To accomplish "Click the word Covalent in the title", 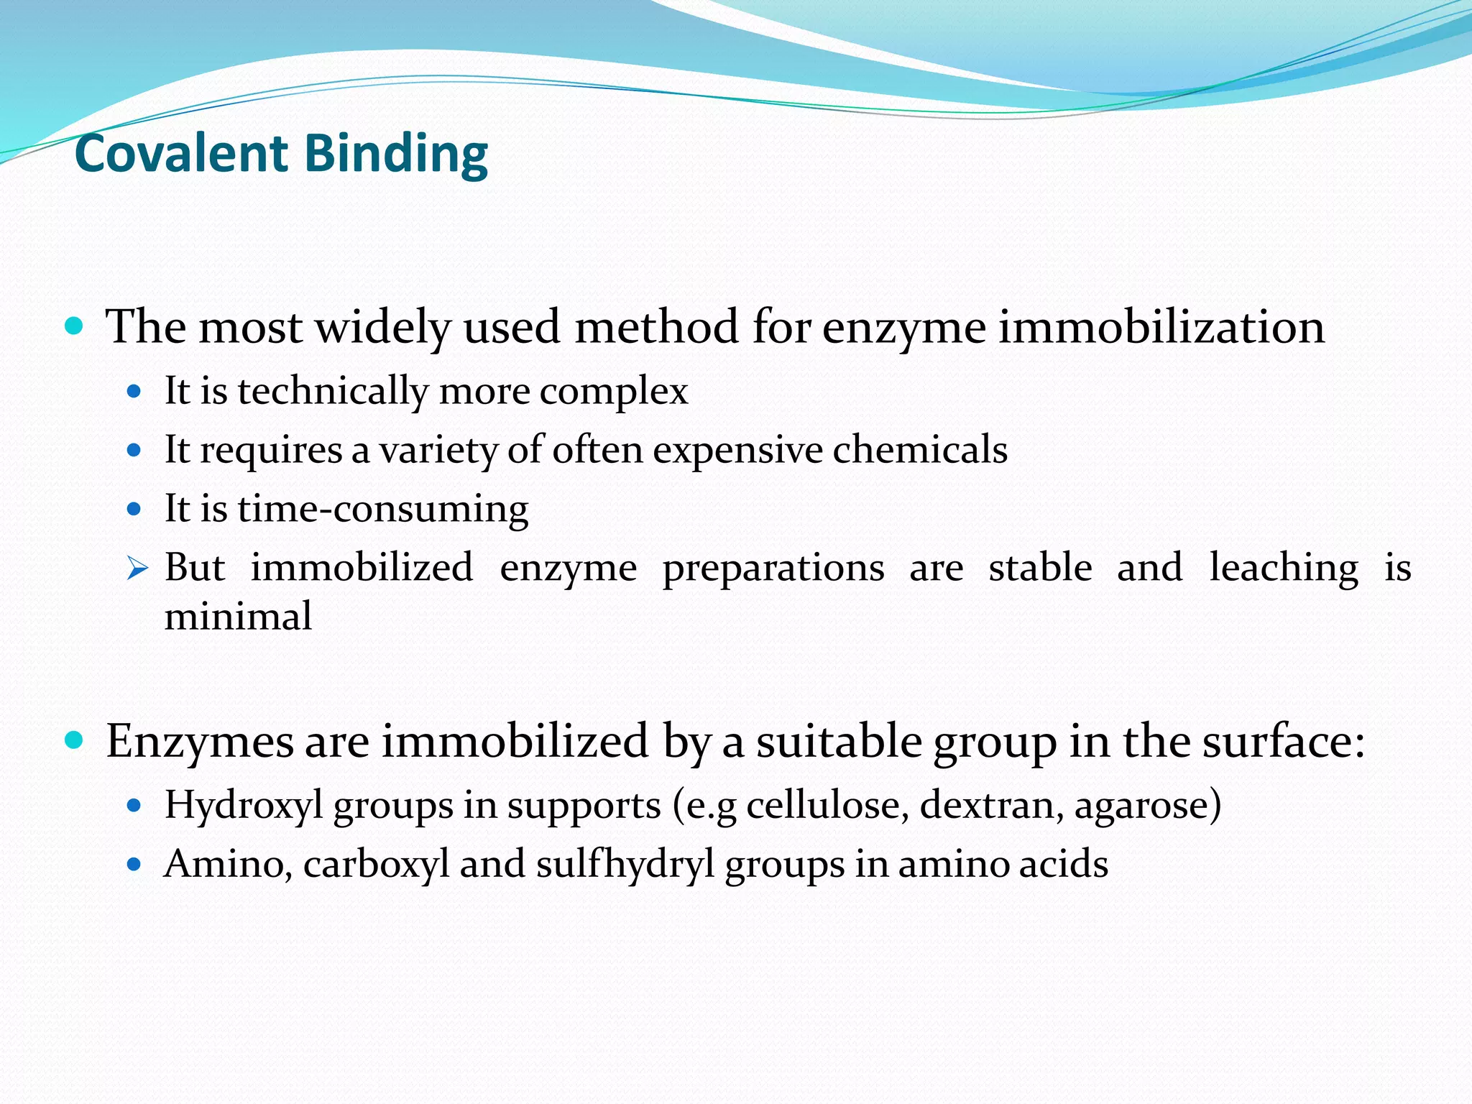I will (181, 154).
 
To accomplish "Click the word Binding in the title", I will (396, 155).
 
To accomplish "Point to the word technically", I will (333, 392).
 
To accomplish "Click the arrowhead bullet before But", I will (137, 569).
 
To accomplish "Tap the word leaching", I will (1284, 568).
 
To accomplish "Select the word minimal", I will (238, 617).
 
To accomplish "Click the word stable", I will (1040, 568).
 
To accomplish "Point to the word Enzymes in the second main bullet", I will (200, 742).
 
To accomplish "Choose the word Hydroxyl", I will (244, 806).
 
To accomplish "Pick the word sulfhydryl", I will (625, 864).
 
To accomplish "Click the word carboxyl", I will (376, 864).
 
